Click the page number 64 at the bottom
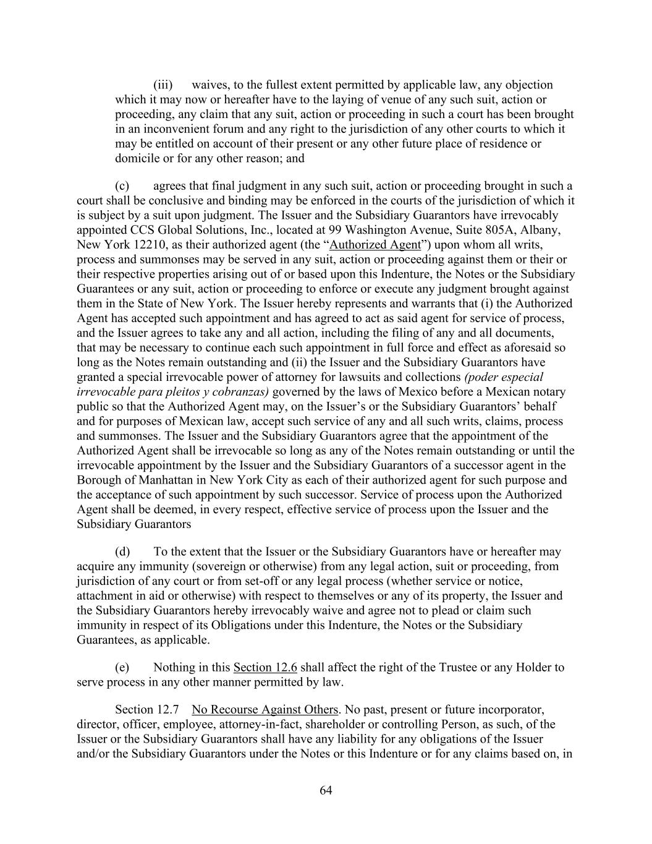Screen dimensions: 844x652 [x=326, y=790]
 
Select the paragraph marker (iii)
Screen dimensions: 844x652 [x=163, y=85]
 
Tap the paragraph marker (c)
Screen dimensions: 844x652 [x=122, y=186]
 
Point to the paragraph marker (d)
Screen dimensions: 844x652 [x=122, y=552]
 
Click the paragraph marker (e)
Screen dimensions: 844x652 [x=122, y=668]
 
